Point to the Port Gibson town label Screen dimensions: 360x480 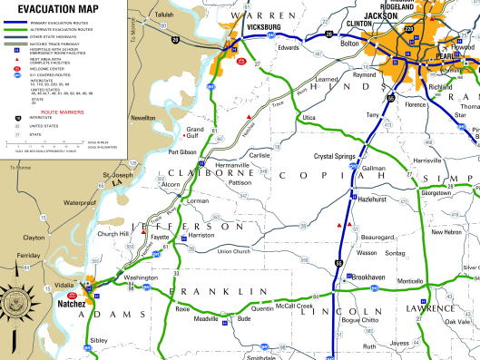pos(182,151)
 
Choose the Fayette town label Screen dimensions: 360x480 pos(160,236)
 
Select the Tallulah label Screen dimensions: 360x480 pos(163,15)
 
